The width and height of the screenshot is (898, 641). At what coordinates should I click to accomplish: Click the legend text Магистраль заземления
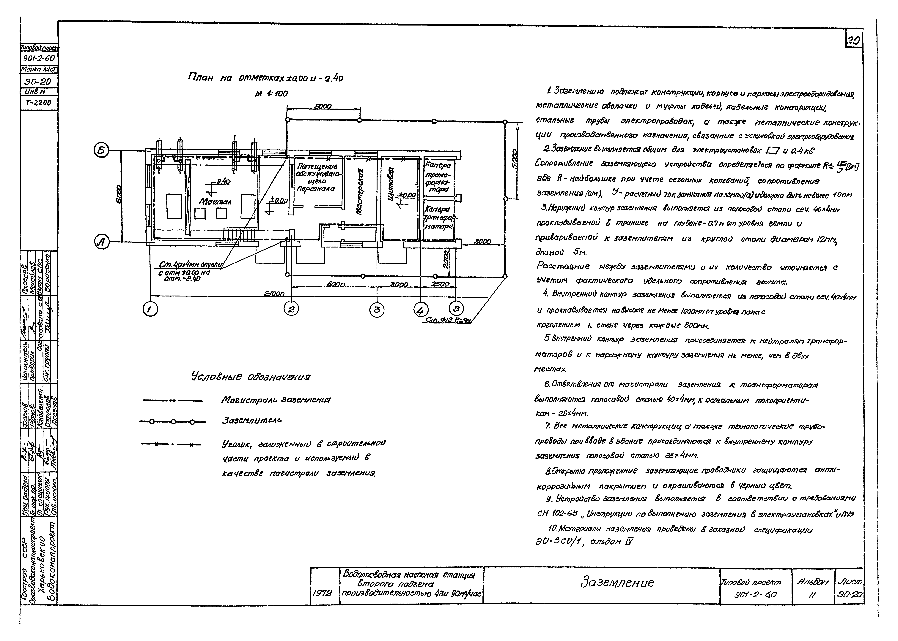pyautogui.click(x=275, y=400)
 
